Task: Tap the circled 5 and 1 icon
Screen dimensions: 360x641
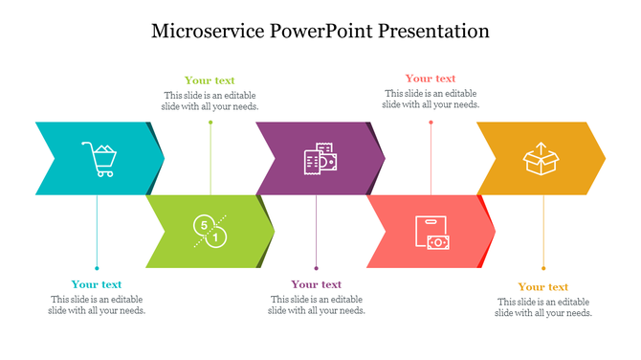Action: [210, 231]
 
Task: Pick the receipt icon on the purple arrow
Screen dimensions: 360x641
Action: [320, 159]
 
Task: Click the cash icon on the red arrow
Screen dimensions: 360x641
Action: [431, 233]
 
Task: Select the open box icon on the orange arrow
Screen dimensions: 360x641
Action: [541, 158]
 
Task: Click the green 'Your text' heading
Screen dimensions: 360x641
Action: [210, 80]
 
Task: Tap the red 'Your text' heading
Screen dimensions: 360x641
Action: [431, 79]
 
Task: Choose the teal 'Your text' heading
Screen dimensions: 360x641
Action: [97, 284]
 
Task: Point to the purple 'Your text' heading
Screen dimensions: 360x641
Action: [317, 284]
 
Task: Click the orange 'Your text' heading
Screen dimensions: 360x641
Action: [543, 287]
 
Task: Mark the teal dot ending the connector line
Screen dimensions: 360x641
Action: [97, 268]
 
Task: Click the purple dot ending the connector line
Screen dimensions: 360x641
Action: [317, 268]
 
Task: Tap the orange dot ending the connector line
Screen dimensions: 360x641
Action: [543, 269]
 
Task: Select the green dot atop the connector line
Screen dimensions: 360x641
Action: [210, 122]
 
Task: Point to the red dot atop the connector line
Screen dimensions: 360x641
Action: [431, 122]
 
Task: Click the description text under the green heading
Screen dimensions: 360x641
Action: [210, 101]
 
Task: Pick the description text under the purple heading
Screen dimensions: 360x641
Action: [317, 304]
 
